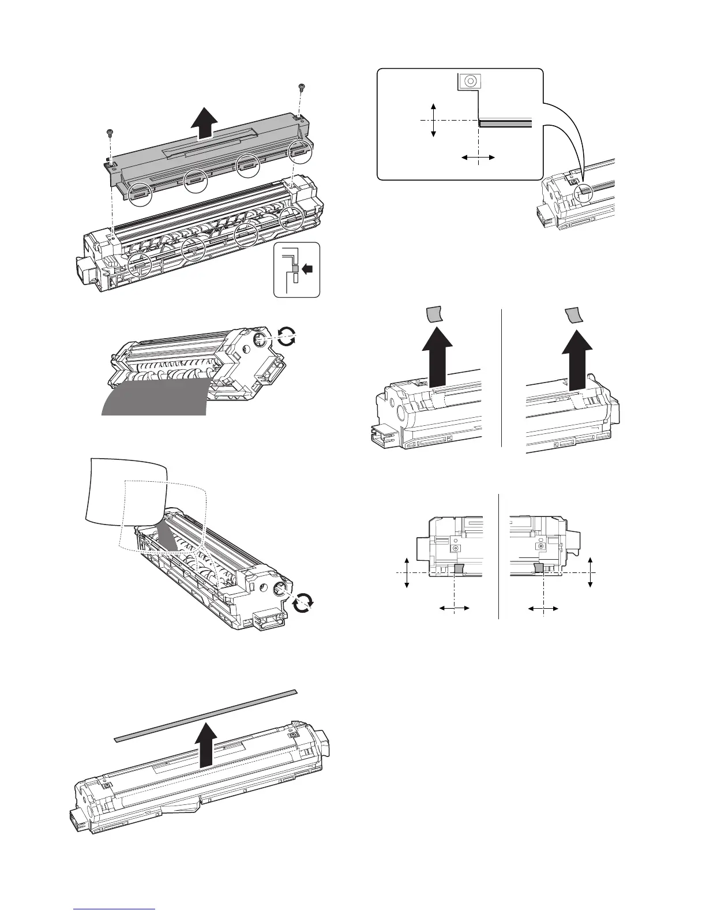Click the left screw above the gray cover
pyautogui.click(x=110, y=133)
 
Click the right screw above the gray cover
pyautogui.click(x=301, y=87)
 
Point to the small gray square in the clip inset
pyautogui.click(x=295, y=268)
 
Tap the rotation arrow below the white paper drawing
pyautogui.click(x=303, y=603)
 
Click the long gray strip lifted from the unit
pyautogui.click(x=205, y=714)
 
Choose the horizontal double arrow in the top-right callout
pyautogui.click(x=479, y=156)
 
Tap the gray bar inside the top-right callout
pyautogui.click(x=505, y=123)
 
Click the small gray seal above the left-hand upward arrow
pyautogui.click(x=434, y=314)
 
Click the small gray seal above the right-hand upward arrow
pyautogui.click(x=572, y=316)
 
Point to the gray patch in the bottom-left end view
pyautogui.click(x=459, y=570)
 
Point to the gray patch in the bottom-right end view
pyautogui.click(x=539, y=570)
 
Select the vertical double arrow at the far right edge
pyautogui.click(x=591, y=572)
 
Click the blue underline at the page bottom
pyautogui.click(x=115, y=909)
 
